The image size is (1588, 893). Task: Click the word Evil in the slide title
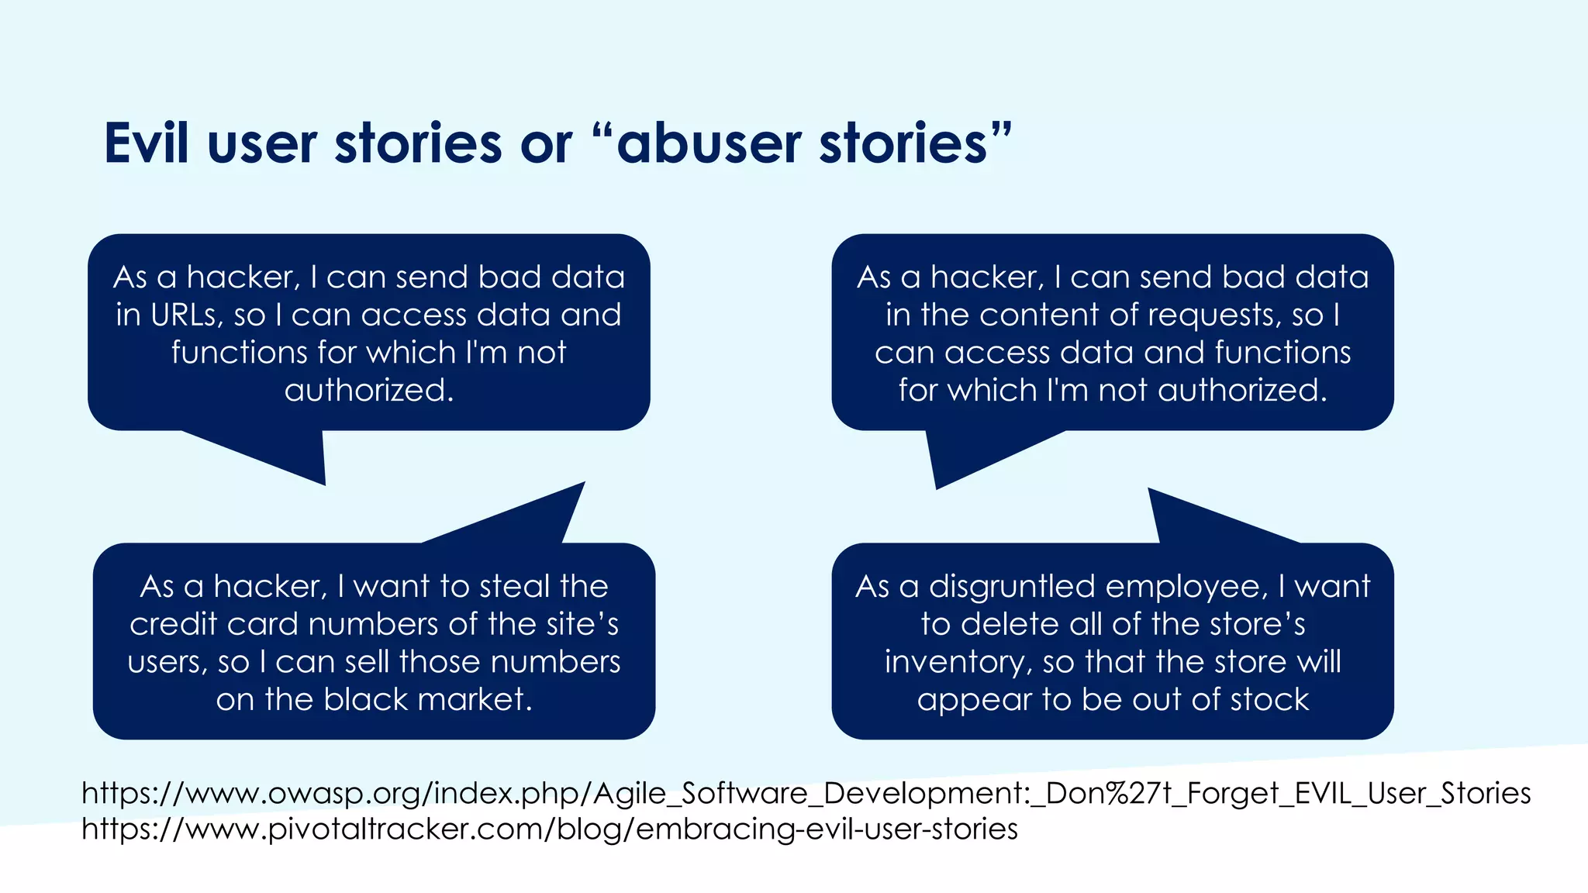pos(147,143)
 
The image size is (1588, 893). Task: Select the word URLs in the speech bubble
pos(187,315)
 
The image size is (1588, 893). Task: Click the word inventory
pos(958,662)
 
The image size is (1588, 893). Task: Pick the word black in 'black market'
pos(365,699)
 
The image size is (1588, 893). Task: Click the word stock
pos(1269,699)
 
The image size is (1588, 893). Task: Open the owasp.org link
pos(806,793)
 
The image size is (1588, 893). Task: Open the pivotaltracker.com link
pos(549,829)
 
